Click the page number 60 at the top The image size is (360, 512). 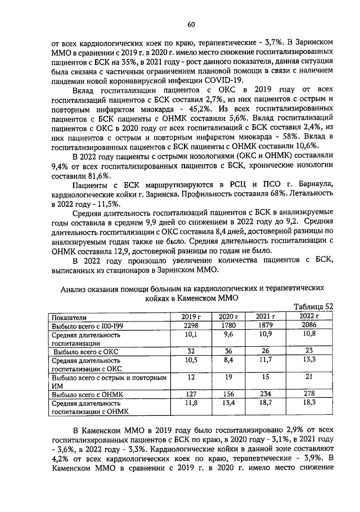point(191,24)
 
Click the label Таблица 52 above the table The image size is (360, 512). point(314,306)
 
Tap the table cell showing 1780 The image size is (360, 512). point(227,325)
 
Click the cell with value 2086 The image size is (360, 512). point(306,325)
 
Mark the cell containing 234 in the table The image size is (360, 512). point(264,394)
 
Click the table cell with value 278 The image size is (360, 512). point(306,394)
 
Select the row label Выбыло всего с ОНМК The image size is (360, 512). point(87,395)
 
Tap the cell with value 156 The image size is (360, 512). point(227,394)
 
